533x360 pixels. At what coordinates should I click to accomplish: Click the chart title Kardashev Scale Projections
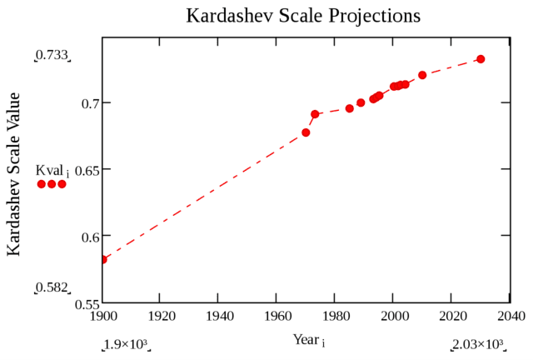(303, 16)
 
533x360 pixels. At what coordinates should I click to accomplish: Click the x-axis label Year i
(308, 340)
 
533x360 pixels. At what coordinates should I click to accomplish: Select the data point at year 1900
(103, 259)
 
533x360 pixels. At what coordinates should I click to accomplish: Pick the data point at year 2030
(481, 59)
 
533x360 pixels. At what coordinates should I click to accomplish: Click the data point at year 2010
(422, 75)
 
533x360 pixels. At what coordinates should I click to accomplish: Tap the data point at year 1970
(306, 132)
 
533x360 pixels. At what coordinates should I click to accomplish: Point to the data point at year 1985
(349, 108)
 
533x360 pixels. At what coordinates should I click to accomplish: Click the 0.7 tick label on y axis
(88, 103)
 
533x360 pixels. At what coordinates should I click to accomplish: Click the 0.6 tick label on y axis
(88, 237)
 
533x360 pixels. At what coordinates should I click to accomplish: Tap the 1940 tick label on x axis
(219, 317)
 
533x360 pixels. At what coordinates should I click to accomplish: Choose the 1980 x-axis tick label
(336, 317)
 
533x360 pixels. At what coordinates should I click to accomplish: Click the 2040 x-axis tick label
(510, 317)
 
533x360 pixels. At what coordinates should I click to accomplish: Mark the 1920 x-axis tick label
(161, 317)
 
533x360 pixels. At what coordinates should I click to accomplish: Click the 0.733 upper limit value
(52, 56)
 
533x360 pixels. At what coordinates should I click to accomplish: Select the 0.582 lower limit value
(52, 287)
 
